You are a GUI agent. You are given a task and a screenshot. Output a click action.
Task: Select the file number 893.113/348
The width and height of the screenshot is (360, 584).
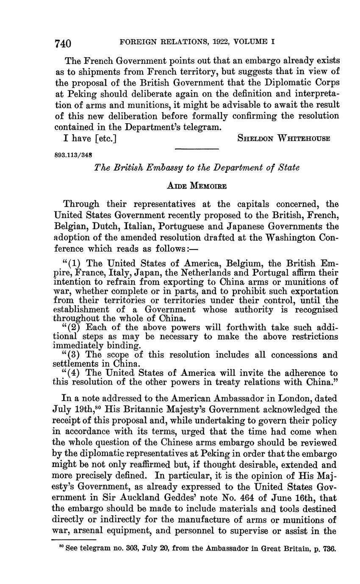[74, 155]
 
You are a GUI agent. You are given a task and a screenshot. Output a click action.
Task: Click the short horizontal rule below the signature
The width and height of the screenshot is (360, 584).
[197, 149]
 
